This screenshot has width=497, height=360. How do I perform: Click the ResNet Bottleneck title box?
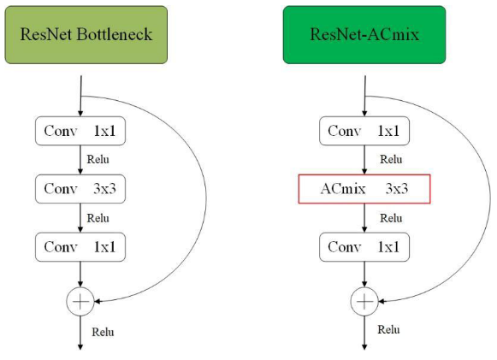(x=86, y=34)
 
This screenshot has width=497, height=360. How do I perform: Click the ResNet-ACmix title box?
(x=364, y=34)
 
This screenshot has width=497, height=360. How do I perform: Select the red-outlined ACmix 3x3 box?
(x=364, y=189)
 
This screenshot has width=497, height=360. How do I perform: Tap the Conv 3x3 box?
(x=80, y=189)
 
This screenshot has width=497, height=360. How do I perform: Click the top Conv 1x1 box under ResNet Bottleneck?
(x=80, y=131)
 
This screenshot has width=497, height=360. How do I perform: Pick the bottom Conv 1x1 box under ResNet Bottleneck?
(x=80, y=247)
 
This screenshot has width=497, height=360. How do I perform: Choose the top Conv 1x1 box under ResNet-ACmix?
(x=364, y=131)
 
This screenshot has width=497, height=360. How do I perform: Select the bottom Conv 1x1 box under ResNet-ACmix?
(x=364, y=247)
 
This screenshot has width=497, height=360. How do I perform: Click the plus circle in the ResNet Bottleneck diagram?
(x=80, y=301)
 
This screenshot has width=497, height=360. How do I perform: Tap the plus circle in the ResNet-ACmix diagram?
(x=364, y=301)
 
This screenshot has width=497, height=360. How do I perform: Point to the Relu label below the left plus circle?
(x=103, y=332)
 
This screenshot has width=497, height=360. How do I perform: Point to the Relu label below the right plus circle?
(x=388, y=329)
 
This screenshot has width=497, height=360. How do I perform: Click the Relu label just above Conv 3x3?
(x=98, y=159)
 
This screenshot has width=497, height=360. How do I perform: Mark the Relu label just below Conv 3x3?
(x=98, y=218)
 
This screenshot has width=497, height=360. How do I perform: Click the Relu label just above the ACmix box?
(x=391, y=159)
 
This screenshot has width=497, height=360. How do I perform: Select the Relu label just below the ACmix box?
(x=391, y=218)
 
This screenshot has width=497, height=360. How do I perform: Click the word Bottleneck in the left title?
(x=115, y=34)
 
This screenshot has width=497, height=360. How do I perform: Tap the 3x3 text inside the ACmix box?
(x=397, y=189)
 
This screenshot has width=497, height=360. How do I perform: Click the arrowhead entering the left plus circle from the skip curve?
(x=97, y=301)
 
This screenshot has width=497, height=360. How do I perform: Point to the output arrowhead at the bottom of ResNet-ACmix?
(x=364, y=347)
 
